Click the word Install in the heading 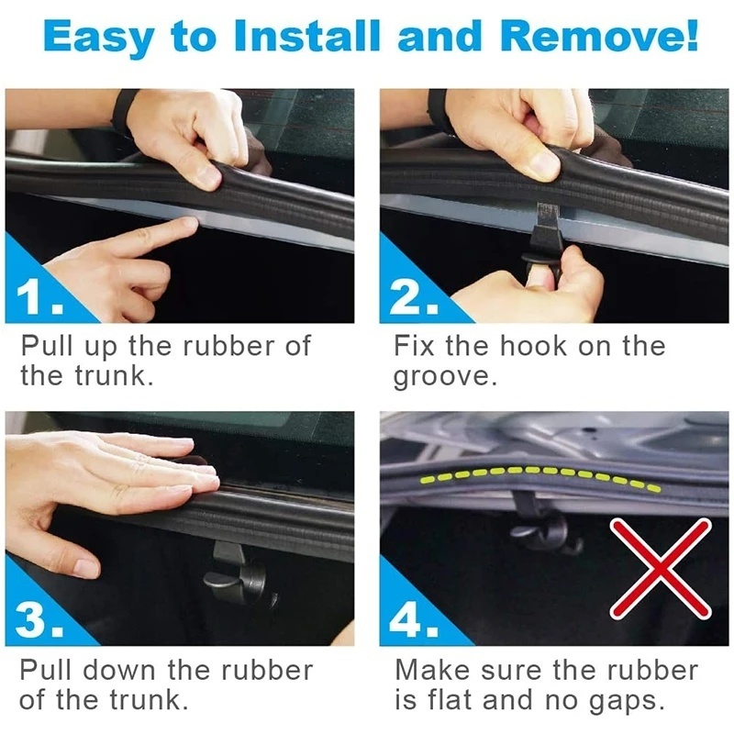tap(306, 36)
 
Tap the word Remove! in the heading tap(599, 36)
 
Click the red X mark tap(660, 568)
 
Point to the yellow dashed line tap(540, 473)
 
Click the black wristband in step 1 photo tap(124, 111)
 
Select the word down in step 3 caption tap(119, 671)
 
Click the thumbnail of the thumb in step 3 tap(86, 568)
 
